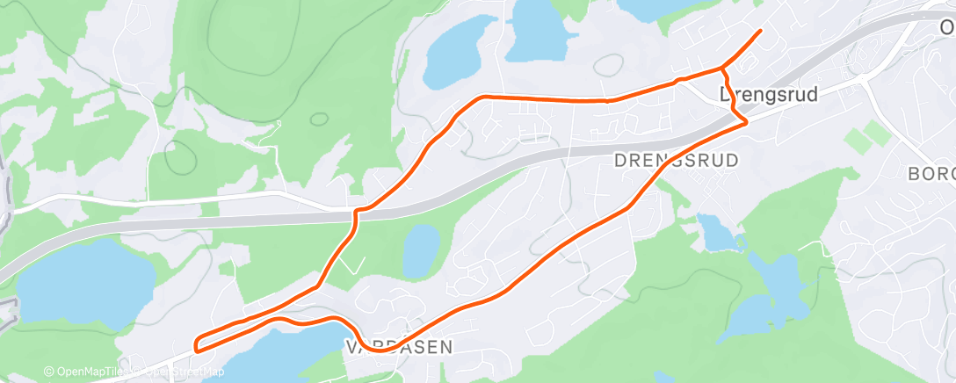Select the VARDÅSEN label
400,347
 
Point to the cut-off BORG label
932,172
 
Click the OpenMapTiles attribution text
88,372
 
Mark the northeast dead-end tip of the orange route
760,31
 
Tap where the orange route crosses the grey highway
358,213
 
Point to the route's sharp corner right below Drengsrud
746,121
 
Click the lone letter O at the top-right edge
947,28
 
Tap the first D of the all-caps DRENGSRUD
619,160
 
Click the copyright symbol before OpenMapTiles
49,372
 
